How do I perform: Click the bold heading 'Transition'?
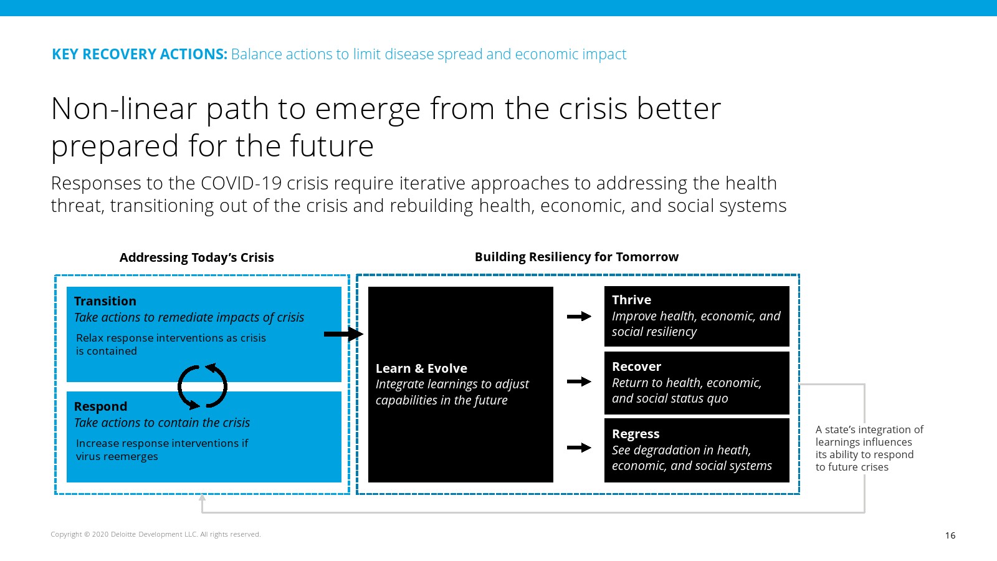coord(105,301)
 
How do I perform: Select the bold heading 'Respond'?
coord(100,406)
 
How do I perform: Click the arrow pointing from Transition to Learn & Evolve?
coord(343,334)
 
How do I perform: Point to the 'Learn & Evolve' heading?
coord(421,368)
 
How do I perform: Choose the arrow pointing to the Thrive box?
coord(579,317)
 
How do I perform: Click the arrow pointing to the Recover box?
coord(579,381)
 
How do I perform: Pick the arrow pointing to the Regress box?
coord(579,448)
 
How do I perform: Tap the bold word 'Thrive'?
coord(632,300)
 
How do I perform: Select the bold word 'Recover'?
coord(636,367)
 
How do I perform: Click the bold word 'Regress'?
coord(636,434)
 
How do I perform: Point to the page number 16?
coord(950,535)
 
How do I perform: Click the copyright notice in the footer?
coord(156,534)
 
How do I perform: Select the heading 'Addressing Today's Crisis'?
coord(196,257)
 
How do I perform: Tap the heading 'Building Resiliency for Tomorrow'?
coord(576,257)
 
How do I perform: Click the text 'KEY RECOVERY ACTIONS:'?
coord(140,54)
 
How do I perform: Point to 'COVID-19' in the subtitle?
coord(241,183)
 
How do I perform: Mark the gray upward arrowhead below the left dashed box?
coord(202,497)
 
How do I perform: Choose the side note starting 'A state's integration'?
coord(869,448)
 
